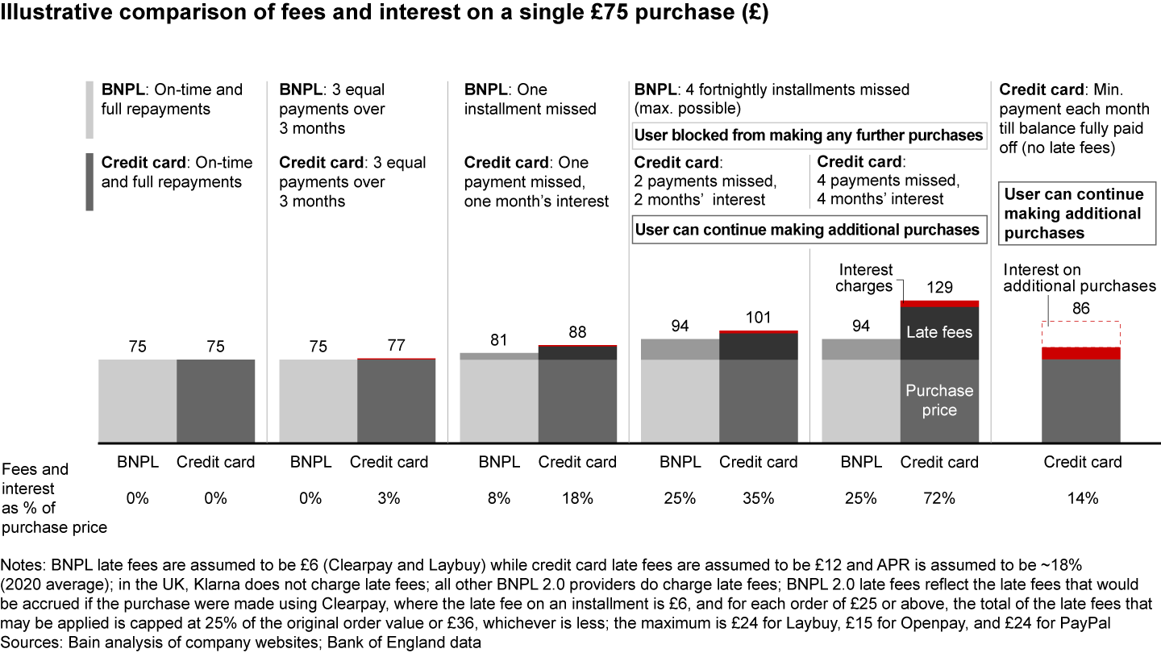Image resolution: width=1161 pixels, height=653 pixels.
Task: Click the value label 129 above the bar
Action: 939,287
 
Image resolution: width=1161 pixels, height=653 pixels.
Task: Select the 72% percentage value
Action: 939,498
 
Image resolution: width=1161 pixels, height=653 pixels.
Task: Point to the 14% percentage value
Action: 1082,498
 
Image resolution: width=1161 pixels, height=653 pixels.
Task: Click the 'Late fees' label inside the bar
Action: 939,332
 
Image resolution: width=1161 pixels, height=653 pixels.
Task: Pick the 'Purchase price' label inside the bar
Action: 939,401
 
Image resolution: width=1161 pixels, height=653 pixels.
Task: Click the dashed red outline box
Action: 1082,334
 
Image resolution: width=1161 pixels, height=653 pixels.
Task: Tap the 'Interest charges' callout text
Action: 864,278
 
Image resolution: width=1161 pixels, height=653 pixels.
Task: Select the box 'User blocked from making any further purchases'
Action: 809,135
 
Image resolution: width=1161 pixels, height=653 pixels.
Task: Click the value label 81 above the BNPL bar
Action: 498,340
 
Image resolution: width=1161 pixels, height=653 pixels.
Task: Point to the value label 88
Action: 576,332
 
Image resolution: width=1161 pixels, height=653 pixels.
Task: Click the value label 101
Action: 758,318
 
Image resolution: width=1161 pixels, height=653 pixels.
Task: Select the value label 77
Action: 396,346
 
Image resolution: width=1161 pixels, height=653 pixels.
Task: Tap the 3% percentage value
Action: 389,498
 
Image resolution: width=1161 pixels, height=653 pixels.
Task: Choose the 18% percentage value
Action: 576,498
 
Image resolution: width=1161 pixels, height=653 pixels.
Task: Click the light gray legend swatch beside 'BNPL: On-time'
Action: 89,109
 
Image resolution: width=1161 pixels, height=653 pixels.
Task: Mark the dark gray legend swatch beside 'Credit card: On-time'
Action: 89,181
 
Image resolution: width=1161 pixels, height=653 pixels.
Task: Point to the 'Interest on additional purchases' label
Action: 1078,278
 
